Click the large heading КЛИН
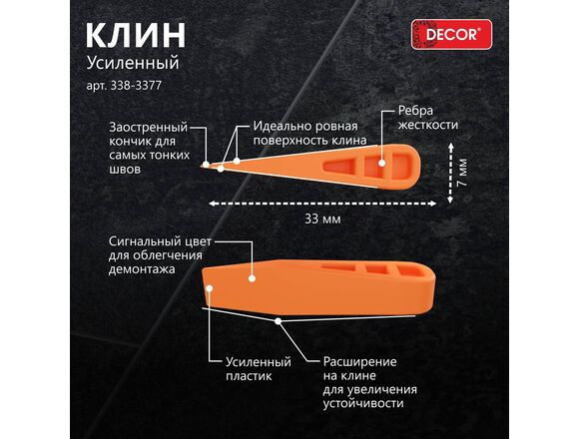point(136,35)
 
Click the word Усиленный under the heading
point(133,63)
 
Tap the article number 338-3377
point(136,86)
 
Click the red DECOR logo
point(451,34)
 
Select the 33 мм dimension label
point(322,219)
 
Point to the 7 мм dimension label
point(461,173)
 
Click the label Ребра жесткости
point(427,118)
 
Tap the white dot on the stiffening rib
point(381,163)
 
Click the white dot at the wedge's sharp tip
point(206,164)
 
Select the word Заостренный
point(149,128)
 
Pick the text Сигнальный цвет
point(160,242)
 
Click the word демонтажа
point(142,269)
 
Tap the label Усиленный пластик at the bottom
point(259,368)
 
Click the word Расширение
point(359,361)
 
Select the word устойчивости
point(363,403)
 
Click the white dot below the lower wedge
point(278,321)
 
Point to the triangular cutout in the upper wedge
point(339,166)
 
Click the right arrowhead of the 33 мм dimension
point(433,204)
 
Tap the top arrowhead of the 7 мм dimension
point(450,147)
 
